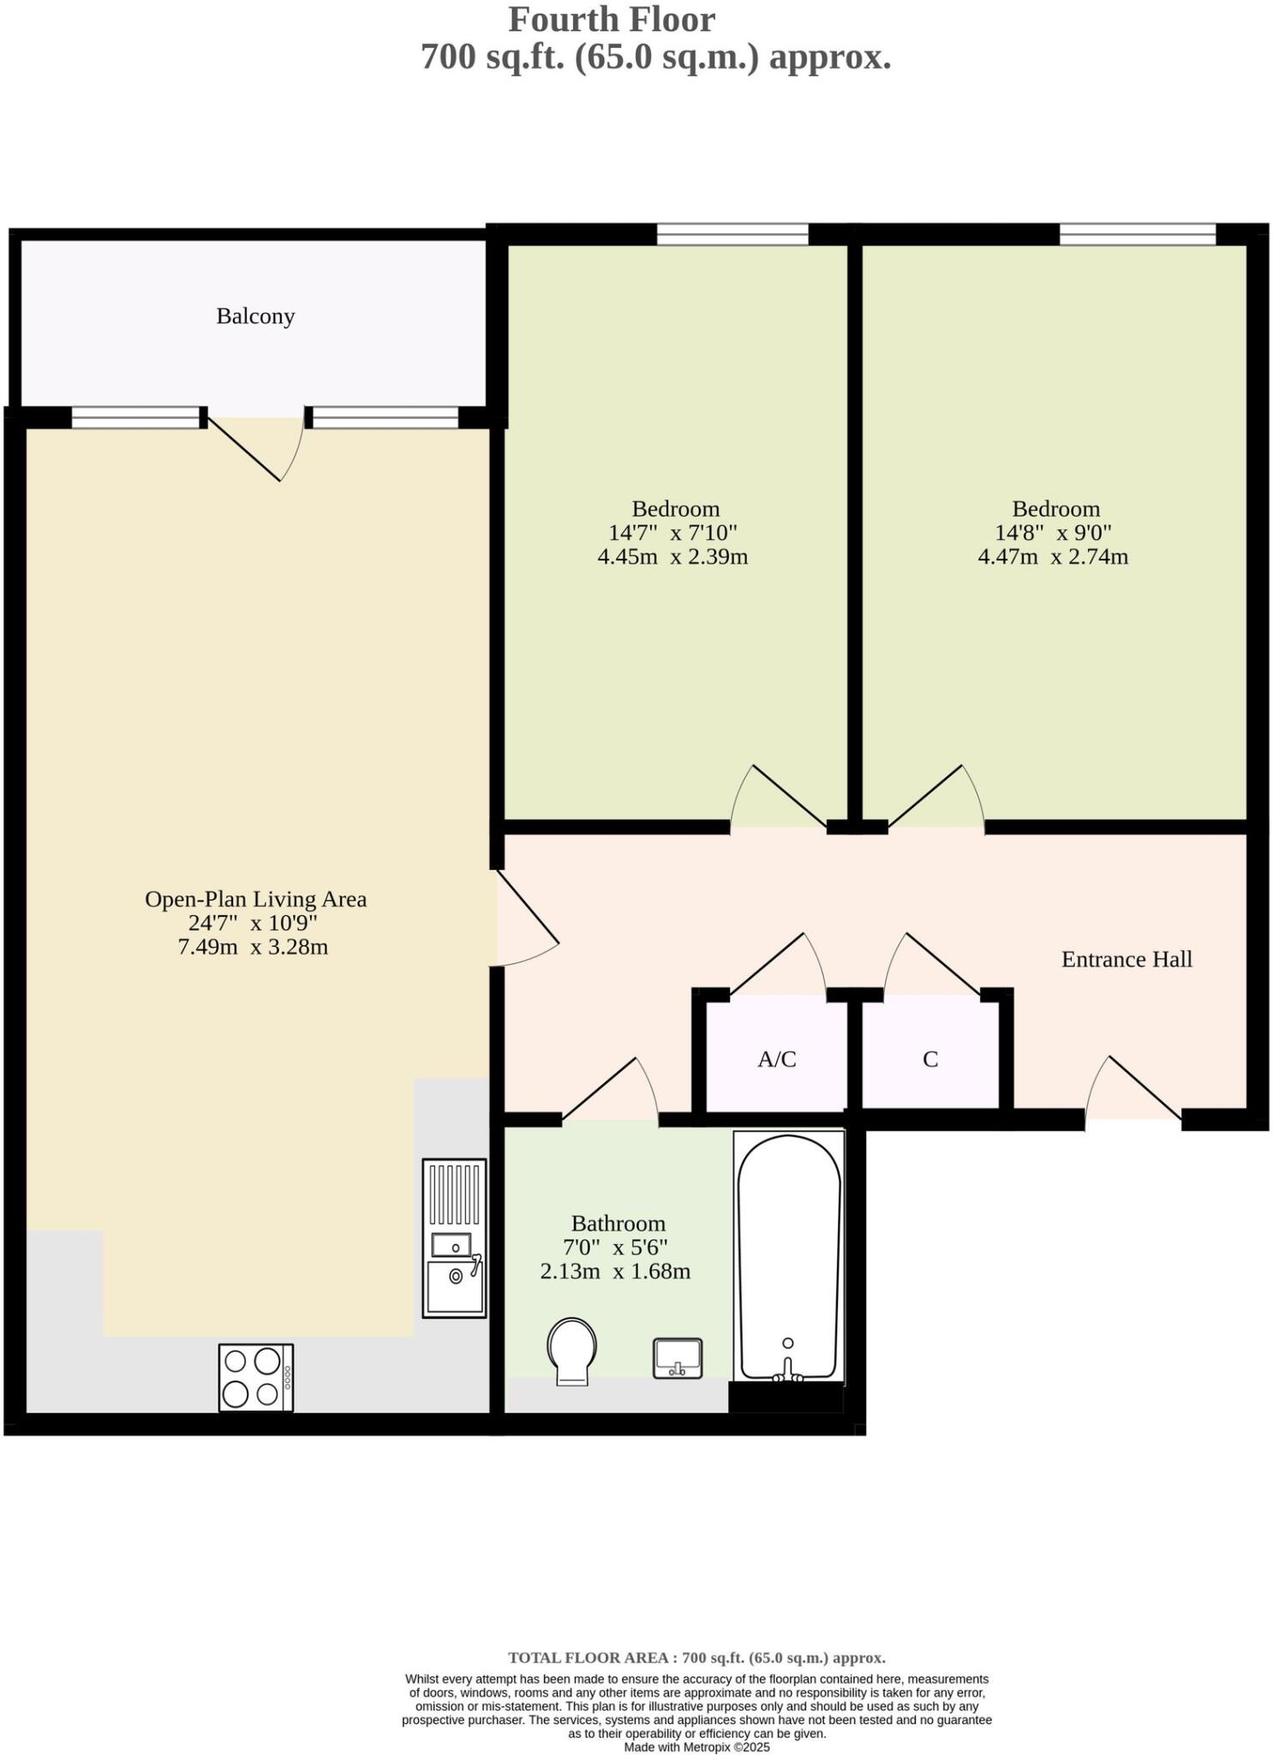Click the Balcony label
255,316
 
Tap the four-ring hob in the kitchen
255,1376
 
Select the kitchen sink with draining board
454,1238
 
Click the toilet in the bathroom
571,1350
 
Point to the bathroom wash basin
678,1358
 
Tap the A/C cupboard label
777,1060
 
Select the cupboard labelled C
930,1060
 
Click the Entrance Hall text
1127,960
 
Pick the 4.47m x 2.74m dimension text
1053,557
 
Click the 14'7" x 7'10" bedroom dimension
672,533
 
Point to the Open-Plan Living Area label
255,900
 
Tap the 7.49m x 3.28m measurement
253,948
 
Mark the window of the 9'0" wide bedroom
1137,234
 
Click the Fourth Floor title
612,20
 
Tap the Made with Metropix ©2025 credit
696,1746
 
